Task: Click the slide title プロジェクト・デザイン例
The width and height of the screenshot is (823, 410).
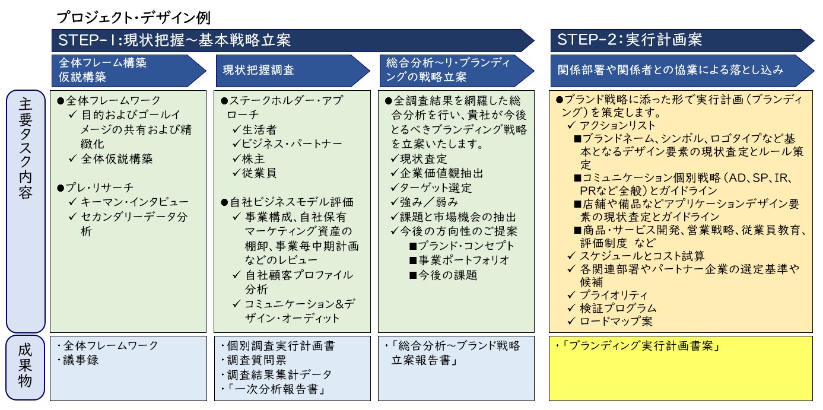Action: coord(134,17)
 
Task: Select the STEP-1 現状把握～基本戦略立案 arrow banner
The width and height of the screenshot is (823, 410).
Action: coord(293,40)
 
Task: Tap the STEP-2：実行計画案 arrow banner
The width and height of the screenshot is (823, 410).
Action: coord(682,40)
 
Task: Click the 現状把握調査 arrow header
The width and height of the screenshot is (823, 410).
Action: coord(293,71)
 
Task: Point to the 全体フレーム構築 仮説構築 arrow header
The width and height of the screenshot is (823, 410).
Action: coord(129,71)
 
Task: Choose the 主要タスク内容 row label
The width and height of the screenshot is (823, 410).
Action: coord(26,211)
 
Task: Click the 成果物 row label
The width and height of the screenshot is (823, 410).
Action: coord(25,367)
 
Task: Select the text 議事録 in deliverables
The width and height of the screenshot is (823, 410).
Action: coord(81,360)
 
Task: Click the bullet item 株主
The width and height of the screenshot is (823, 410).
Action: coord(249,158)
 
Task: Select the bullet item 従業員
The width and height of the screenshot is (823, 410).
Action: coord(255,173)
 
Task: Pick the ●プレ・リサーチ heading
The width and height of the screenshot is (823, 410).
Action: coord(95,187)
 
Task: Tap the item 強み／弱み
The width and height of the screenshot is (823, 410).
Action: coord(424,202)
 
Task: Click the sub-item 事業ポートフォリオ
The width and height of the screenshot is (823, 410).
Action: coord(459,260)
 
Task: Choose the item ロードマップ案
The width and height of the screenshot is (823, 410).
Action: coord(610,321)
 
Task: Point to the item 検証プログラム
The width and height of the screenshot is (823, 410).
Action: coord(612,308)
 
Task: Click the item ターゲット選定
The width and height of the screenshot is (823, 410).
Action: coord(431,187)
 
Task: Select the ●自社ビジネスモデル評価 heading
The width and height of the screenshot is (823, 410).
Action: coord(287,202)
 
